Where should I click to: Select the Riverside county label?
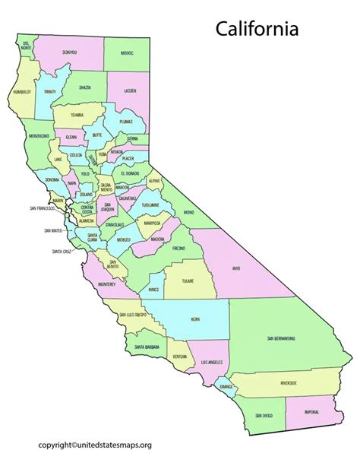pos(288,384)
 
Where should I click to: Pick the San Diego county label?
pos(263,416)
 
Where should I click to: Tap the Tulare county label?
pos(188,281)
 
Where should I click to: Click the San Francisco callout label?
pos(43,208)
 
